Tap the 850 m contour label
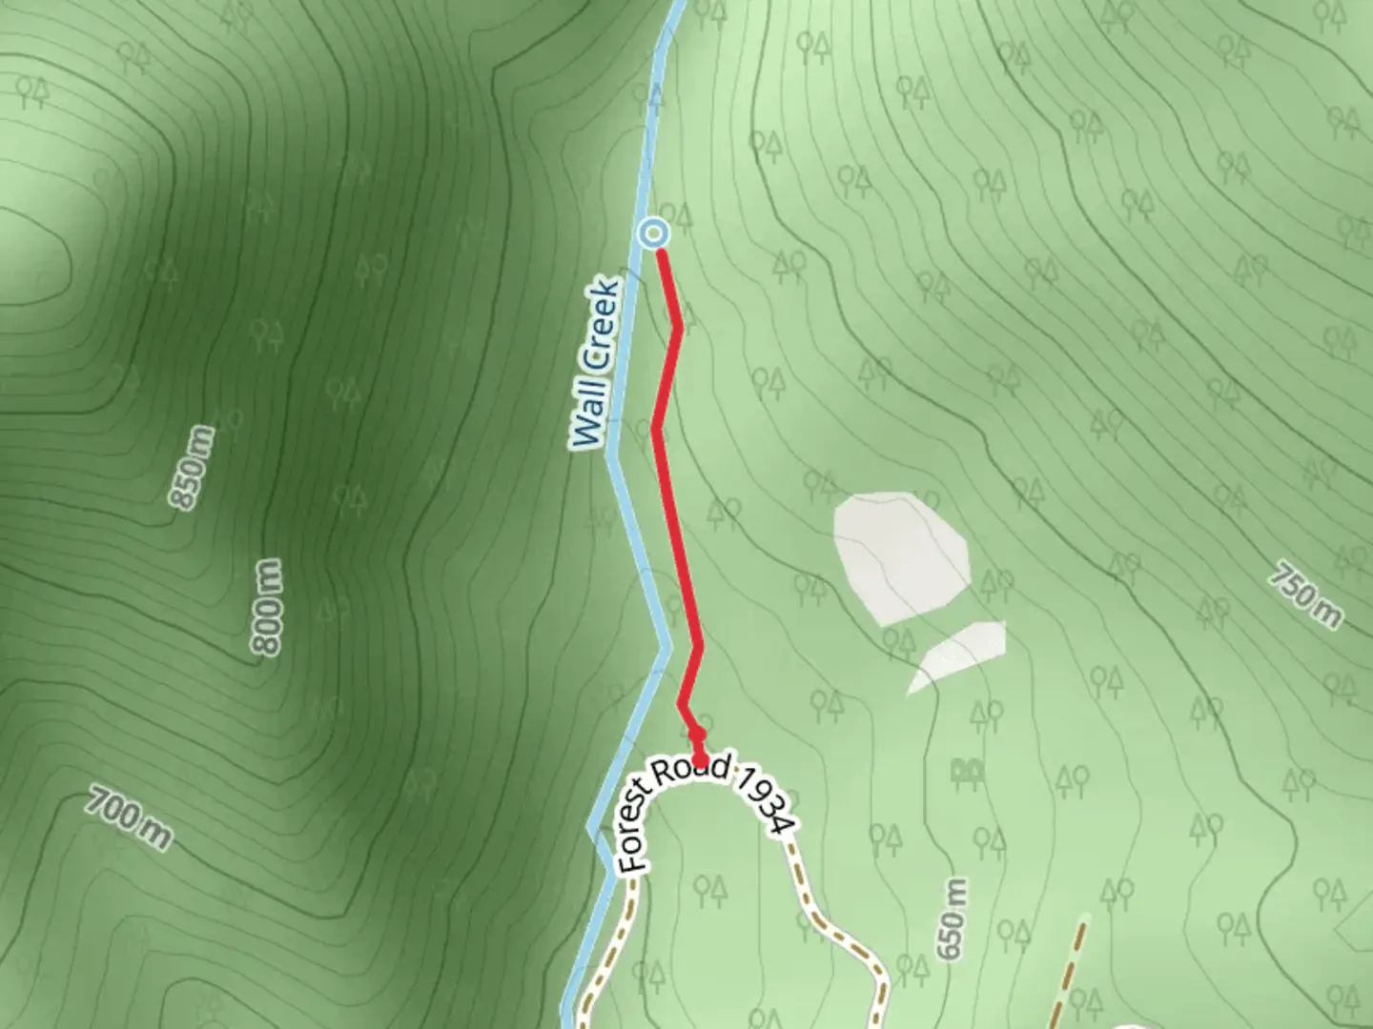191,468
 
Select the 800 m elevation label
268,607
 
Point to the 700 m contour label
129,817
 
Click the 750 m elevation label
1306,595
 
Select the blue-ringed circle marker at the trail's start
654,232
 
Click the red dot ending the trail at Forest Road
701,758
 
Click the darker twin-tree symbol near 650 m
968,770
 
